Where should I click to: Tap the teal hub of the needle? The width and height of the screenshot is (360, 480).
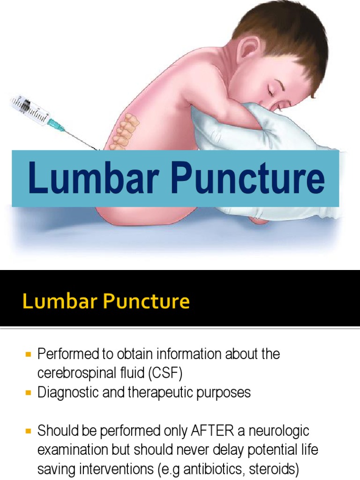tap(55, 124)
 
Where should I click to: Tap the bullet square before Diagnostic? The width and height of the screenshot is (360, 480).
tap(28, 392)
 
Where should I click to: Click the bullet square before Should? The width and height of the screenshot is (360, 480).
tap(28, 431)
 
